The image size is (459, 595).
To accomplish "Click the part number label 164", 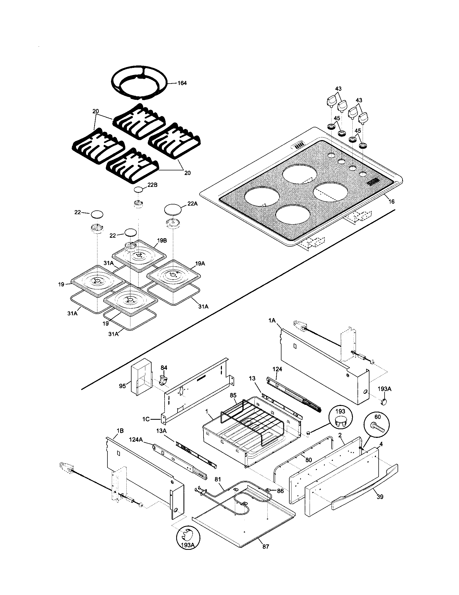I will click(x=182, y=83).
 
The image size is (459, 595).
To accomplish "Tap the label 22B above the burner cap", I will click(x=153, y=184).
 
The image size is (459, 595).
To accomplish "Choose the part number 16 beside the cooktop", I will click(x=391, y=202).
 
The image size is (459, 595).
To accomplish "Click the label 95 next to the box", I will click(x=122, y=386).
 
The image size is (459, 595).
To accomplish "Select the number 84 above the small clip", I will click(x=163, y=368).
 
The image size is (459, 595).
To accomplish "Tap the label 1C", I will click(x=146, y=419).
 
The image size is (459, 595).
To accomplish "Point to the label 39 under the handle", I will click(x=380, y=497).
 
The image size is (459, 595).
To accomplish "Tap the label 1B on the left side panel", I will click(x=120, y=431).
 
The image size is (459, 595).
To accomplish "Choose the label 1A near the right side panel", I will click(x=272, y=322).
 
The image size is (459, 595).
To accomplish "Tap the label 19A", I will click(x=200, y=263).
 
